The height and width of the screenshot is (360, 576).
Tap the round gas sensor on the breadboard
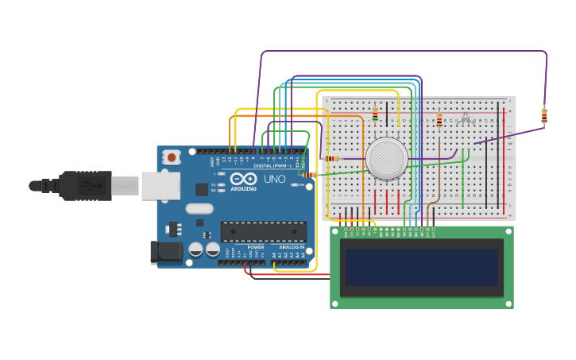(387, 157)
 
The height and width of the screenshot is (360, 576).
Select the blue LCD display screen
(422, 267)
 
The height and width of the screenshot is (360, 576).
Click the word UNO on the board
(274, 180)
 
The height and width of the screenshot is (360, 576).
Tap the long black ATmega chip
(263, 231)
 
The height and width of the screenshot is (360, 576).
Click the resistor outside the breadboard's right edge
(544, 116)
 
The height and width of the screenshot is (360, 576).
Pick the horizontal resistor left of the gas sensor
(331, 159)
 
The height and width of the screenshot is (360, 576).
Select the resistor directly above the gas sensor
(375, 115)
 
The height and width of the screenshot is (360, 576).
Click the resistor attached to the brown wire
(439, 121)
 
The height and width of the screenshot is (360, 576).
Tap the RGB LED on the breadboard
(466, 119)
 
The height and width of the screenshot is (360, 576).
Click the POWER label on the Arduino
(255, 247)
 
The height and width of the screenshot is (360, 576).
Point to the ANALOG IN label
(291, 247)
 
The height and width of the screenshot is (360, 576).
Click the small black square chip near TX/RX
(202, 189)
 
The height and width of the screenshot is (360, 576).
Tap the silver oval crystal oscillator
(200, 209)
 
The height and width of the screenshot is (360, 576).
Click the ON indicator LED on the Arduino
(294, 185)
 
